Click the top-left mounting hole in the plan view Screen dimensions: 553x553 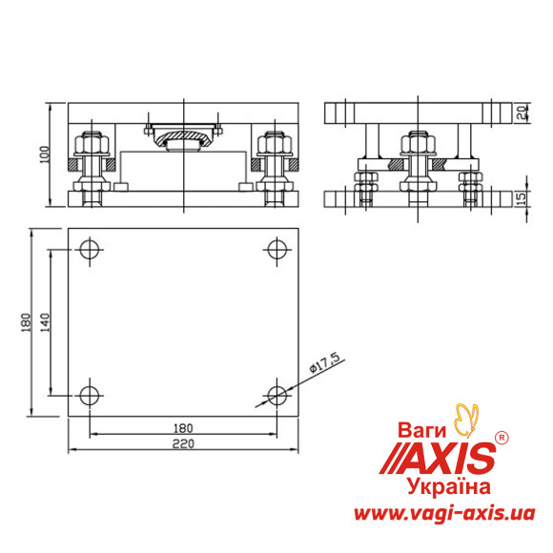point(90,251)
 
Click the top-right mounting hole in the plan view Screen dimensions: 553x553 point(276,251)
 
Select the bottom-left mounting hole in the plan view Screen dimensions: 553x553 point(90,394)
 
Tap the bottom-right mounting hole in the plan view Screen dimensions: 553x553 point(276,394)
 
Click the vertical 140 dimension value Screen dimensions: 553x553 point(46,322)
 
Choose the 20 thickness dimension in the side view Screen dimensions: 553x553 point(522,113)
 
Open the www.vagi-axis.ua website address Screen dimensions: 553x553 point(441,514)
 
